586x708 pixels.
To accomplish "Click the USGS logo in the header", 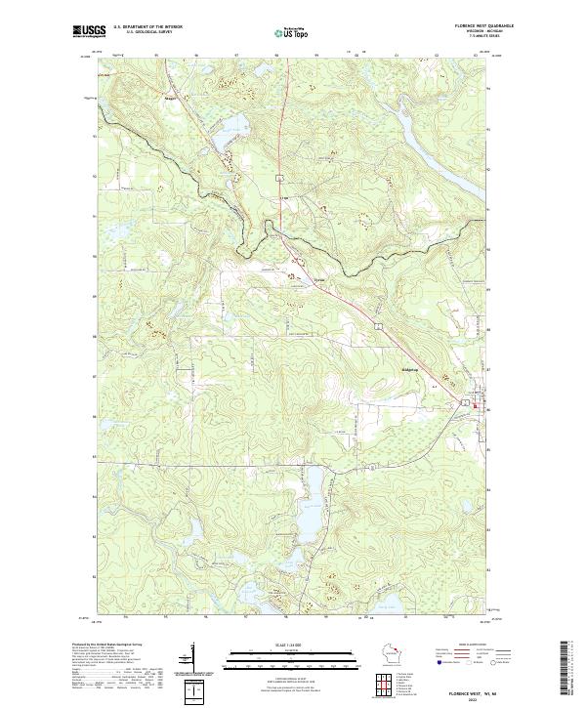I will click(89, 31).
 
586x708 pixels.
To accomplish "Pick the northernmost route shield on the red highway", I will click(278, 177).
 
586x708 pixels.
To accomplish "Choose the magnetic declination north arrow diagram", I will click(188, 662).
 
